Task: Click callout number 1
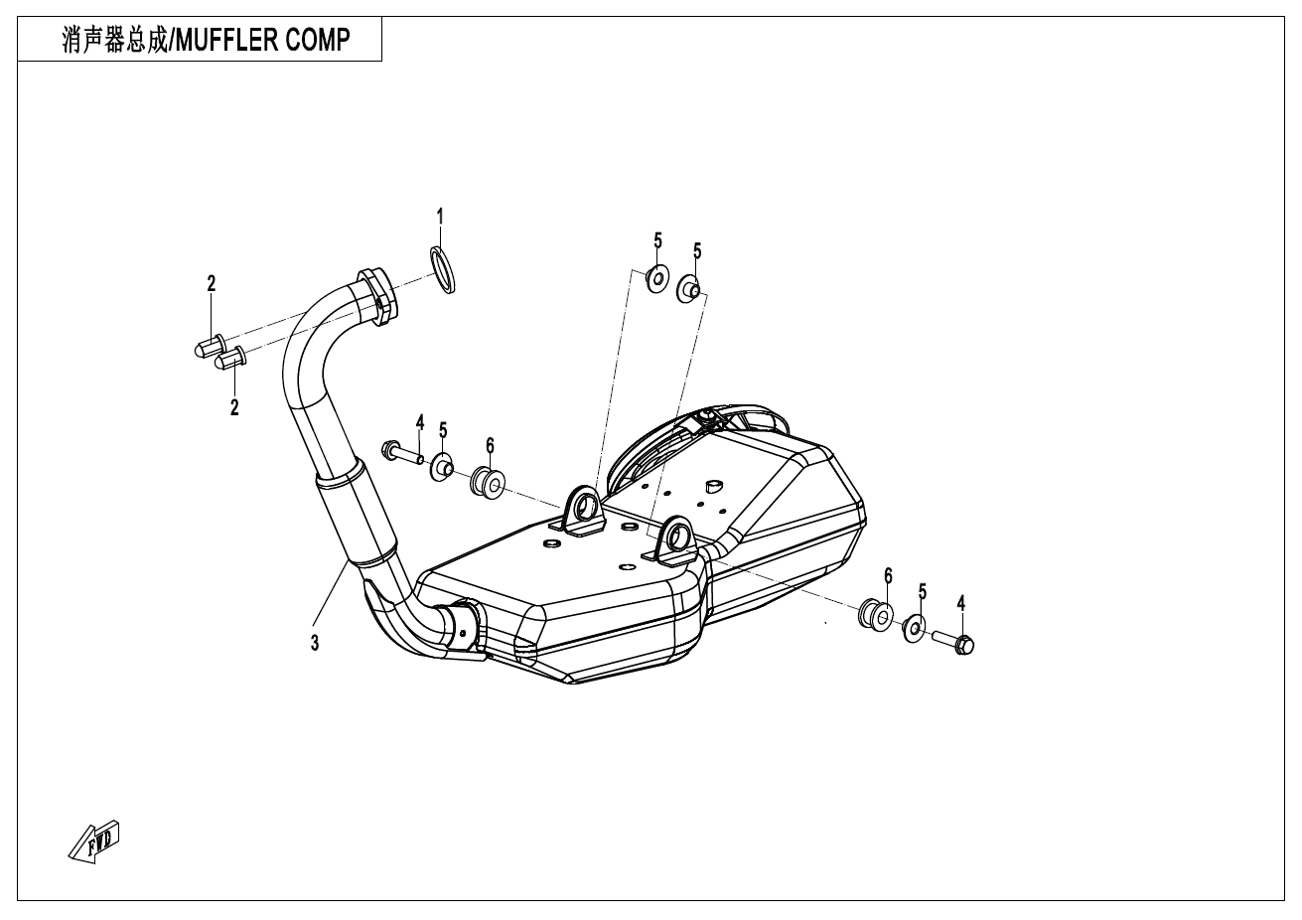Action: pyautogui.click(x=440, y=217)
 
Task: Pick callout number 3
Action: pyautogui.click(x=315, y=643)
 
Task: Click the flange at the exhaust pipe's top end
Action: pyautogui.click(x=377, y=297)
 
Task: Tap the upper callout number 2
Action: pyautogui.click(x=211, y=283)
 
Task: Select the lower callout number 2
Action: pyautogui.click(x=234, y=407)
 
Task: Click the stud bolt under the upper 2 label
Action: pyautogui.click(x=210, y=346)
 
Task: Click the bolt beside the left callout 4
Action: pyautogui.click(x=402, y=453)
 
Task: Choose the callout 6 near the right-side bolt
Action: pyautogui.click(x=888, y=575)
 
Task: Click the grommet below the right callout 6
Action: pyautogui.click(x=876, y=614)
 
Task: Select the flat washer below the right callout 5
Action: pyautogui.click(x=915, y=628)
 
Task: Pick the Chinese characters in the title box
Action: pyautogui.click(x=114, y=40)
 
